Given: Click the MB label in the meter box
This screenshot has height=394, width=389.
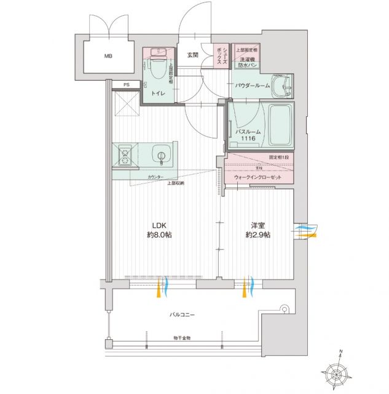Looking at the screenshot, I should [108, 57].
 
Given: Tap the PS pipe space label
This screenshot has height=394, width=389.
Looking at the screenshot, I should [126, 85].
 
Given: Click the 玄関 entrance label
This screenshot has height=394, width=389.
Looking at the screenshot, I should [191, 55].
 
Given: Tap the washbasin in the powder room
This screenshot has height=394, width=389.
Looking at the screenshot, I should [282, 86].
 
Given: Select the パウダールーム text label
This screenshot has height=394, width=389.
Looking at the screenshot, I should [251, 86].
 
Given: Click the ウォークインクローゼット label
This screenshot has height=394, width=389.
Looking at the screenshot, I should [257, 177].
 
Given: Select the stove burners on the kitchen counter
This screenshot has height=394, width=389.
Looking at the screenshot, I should [125, 155].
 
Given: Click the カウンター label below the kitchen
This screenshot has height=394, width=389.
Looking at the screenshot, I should [155, 177].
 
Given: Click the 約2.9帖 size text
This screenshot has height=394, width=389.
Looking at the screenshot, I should [257, 235].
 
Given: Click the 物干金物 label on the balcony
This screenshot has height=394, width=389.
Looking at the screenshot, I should [181, 338].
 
